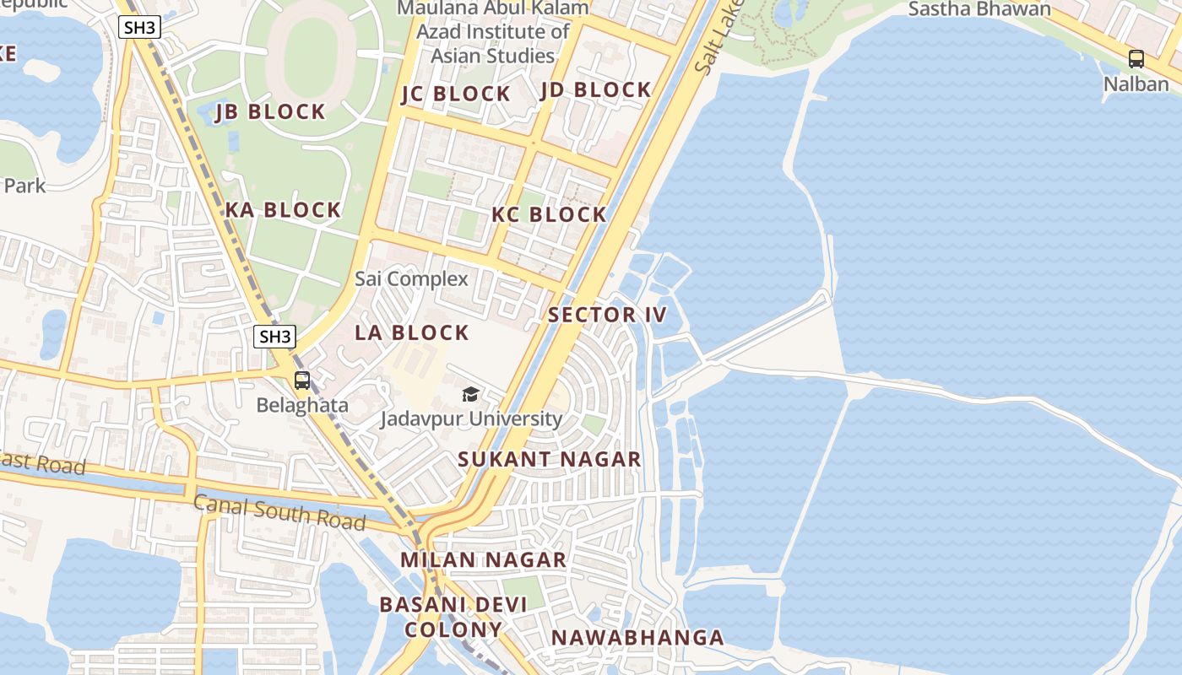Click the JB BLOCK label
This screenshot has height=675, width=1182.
[270, 111]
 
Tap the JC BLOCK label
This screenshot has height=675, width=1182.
[456, 94]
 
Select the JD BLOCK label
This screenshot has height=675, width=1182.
[596, 89]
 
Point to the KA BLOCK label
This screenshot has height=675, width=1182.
[283, 210]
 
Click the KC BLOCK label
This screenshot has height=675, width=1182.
[549, 214]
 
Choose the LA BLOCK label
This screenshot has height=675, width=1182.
[411, 332]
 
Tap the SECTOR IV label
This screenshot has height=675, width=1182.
[607, 316]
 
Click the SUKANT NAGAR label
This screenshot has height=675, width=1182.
[550, 459]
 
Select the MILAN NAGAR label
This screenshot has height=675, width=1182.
[483, 559]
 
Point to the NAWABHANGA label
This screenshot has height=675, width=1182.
[637, 637]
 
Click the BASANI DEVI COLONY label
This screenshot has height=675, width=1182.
[453, 617]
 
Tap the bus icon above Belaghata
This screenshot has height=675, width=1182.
[302, 381]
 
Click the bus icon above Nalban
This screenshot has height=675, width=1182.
[1136, 59]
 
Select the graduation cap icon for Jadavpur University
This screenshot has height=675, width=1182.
[470, 394]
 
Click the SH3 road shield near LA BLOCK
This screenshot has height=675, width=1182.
[274, 337]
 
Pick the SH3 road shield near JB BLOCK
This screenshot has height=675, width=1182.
[139, 27]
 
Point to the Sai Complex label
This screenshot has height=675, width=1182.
[411, 278]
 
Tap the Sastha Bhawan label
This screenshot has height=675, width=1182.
[979, 9]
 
